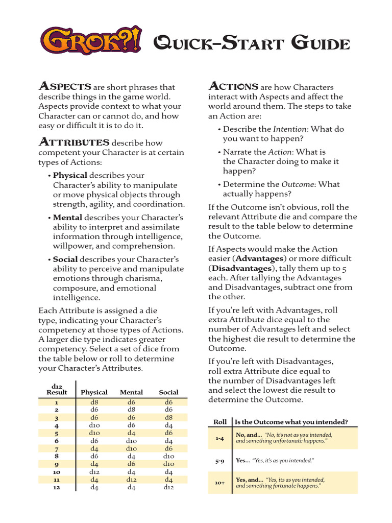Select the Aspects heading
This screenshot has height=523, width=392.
click(x=65, y=87)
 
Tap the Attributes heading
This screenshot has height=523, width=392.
click(x=74, y=142)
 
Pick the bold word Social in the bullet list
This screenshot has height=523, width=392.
click(x=65, y=259)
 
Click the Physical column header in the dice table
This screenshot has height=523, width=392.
click(x=94, y=392)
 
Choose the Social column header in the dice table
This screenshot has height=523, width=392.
click(x=168, y=392)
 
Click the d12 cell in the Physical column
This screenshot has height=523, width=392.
click(x=94, y=472)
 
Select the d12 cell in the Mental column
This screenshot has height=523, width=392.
click(x=131, y=480)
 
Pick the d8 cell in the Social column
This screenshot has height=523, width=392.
click(x=168, y=417)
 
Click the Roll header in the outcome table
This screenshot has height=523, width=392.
click(x=220, y=422)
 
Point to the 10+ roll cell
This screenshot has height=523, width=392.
click(x=220, y=483)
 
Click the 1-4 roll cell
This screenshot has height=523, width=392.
click(x=220, y=438)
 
